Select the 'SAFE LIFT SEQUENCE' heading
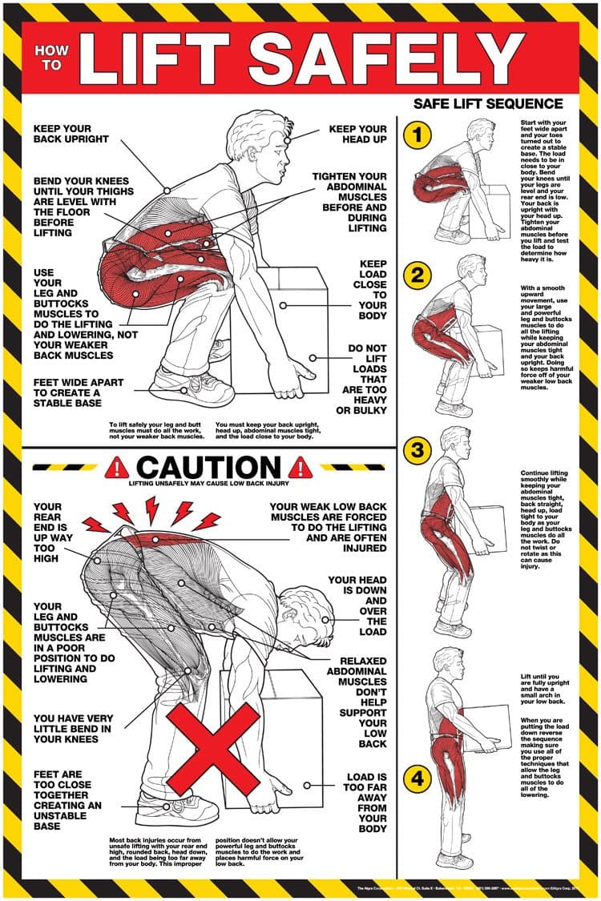coord(488,103)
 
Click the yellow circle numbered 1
coord(417,135)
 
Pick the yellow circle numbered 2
coord(417,276)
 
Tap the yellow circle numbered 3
coord(417,450)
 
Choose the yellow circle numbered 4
coord(417,776)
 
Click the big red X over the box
coord(216,748)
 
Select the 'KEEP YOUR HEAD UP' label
coord(357,134)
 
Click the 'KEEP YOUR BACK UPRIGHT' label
coord(63,134)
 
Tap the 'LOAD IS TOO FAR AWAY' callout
coord(366,802)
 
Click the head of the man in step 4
coord(446,661)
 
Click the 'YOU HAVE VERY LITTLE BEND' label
coord(73,728)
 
